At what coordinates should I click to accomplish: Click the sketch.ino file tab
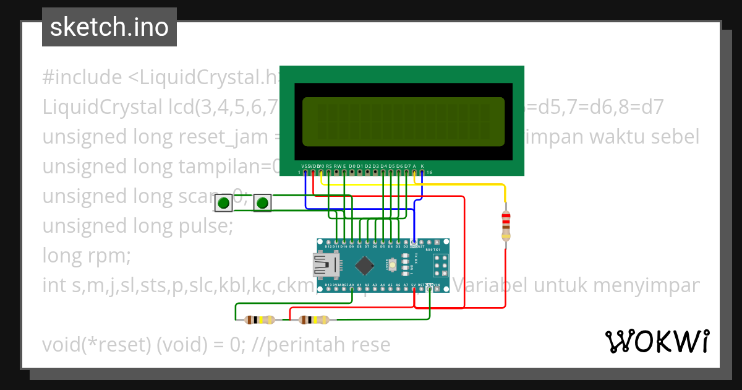tap(109, 27)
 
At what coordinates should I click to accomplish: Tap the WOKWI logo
tap(657, 341)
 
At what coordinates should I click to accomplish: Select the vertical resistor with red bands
tap(506, 225)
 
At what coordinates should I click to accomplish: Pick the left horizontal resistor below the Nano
tap(260, 320)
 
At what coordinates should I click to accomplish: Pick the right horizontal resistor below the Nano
tap(313, 320)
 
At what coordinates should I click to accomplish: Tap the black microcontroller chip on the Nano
tap(365, 266)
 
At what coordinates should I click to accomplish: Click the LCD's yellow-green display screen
tap(403, 121)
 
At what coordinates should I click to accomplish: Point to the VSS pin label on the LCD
tap(305, 166)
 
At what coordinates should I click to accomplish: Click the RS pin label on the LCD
tap(329, 166)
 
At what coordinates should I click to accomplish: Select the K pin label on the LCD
tap(422, 166)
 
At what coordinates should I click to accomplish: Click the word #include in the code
tap(82, 78)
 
